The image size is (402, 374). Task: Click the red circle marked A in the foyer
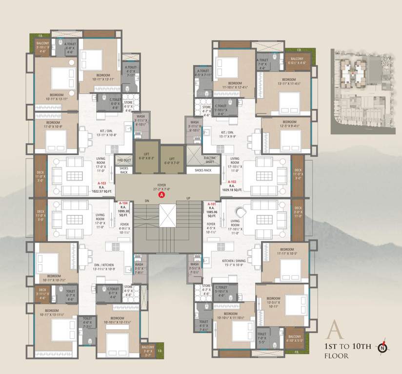pos(161,195)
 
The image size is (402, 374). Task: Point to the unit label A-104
pos(124,203)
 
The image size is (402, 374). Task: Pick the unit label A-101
pos(212,204)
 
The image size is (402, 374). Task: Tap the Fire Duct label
pos(124,160)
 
